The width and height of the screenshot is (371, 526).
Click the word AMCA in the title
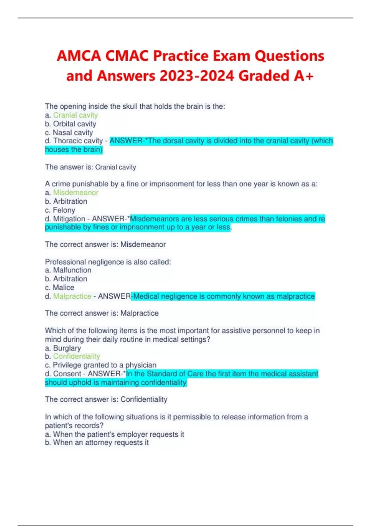tap(79, 56)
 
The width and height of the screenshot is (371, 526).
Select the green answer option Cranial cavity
tap(75, 115)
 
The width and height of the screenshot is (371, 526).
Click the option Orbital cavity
tap(75, 124)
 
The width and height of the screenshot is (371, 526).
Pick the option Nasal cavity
tap(73, 132)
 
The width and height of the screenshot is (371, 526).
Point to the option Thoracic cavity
tap(78, 141)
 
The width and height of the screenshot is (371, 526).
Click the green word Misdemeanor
tap(76, 192)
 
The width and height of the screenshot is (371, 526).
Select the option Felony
tap(64, 210)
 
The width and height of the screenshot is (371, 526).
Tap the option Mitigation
tap(69, 219)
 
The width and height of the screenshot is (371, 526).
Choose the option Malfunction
tap(72, 270)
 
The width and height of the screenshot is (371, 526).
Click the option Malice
tap(63, 287)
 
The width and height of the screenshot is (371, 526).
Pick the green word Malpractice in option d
tap(72, 296)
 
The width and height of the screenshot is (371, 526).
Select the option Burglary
tap(67, 348)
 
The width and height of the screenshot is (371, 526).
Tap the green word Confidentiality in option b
tap(76, 356)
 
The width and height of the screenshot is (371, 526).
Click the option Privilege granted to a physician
tap(104, 365)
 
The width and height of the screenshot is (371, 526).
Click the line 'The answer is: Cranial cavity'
tap(91, 167)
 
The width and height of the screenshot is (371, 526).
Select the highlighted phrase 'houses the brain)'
tap(74, 150)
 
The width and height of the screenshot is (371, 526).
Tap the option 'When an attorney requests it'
tap(100, 443)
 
